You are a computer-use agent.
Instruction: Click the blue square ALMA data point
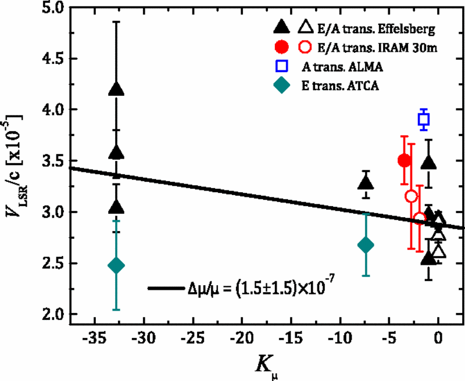424,120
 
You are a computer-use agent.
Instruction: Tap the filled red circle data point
405,160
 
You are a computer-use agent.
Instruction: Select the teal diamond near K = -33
116,265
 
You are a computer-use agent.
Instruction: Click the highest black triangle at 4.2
116,89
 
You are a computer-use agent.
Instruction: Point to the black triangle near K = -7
366,183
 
